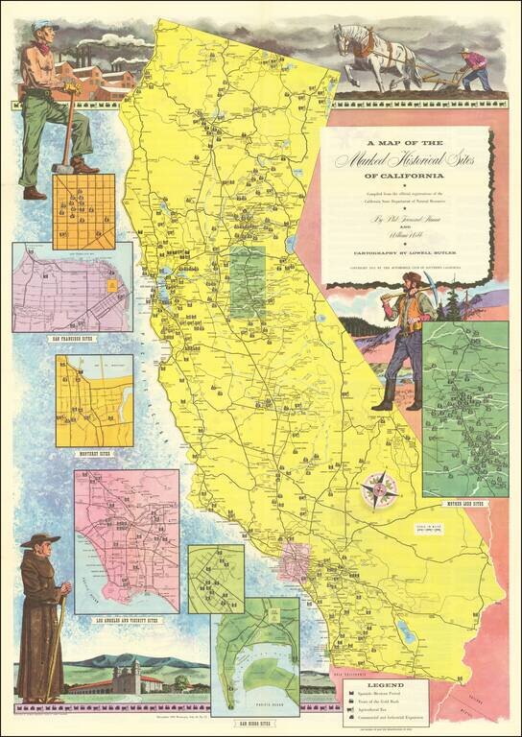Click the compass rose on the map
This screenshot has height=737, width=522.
[x=381, y=490]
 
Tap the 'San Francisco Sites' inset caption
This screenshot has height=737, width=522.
[x=72, y=339]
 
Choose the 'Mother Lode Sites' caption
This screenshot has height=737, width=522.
[x=465, y=503]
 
